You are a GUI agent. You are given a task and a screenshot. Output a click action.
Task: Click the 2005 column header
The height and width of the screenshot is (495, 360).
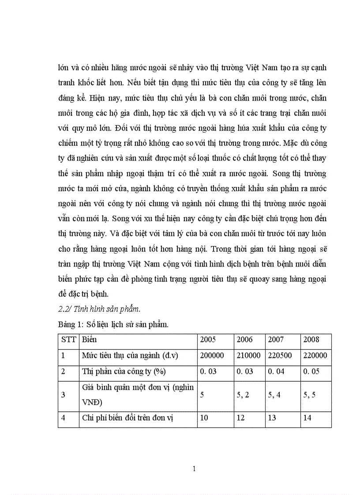tap(208, 340)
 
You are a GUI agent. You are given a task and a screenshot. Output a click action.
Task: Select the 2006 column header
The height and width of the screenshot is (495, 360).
tap(245, 340)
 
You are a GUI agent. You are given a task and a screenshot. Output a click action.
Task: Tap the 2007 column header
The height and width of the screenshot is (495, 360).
tap(276, 340)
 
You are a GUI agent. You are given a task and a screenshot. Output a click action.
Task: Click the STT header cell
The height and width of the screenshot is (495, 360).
tap(68, 340)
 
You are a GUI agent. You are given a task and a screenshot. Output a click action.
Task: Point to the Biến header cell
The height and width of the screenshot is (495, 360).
tap(89, 340)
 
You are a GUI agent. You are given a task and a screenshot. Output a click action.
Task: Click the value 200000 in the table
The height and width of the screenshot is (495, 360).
tap(214, 356)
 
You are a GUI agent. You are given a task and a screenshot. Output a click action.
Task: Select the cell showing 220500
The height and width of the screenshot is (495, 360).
tap(282, 356)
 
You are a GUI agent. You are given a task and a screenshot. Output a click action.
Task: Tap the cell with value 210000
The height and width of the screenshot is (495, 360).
tap(248, 356)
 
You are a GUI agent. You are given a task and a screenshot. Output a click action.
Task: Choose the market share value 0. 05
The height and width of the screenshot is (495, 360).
tap(312, 372)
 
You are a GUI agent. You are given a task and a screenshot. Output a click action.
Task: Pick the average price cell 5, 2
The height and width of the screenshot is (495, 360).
tap(243, 395)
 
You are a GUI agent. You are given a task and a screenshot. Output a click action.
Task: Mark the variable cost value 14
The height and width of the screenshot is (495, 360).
tap(307, 418)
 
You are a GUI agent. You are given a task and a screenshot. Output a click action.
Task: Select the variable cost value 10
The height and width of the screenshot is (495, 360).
tap(204, 418)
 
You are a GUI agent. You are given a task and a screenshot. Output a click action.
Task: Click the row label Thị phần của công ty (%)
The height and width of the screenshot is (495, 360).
tap(124, 372)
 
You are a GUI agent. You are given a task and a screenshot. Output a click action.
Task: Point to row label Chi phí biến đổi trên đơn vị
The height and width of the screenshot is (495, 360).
tap(127, 418)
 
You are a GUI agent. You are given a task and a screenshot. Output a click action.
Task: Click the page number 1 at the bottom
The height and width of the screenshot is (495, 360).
tap(194, 469)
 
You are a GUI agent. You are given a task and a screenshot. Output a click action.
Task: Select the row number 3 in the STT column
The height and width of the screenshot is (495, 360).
tap(63, 395)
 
